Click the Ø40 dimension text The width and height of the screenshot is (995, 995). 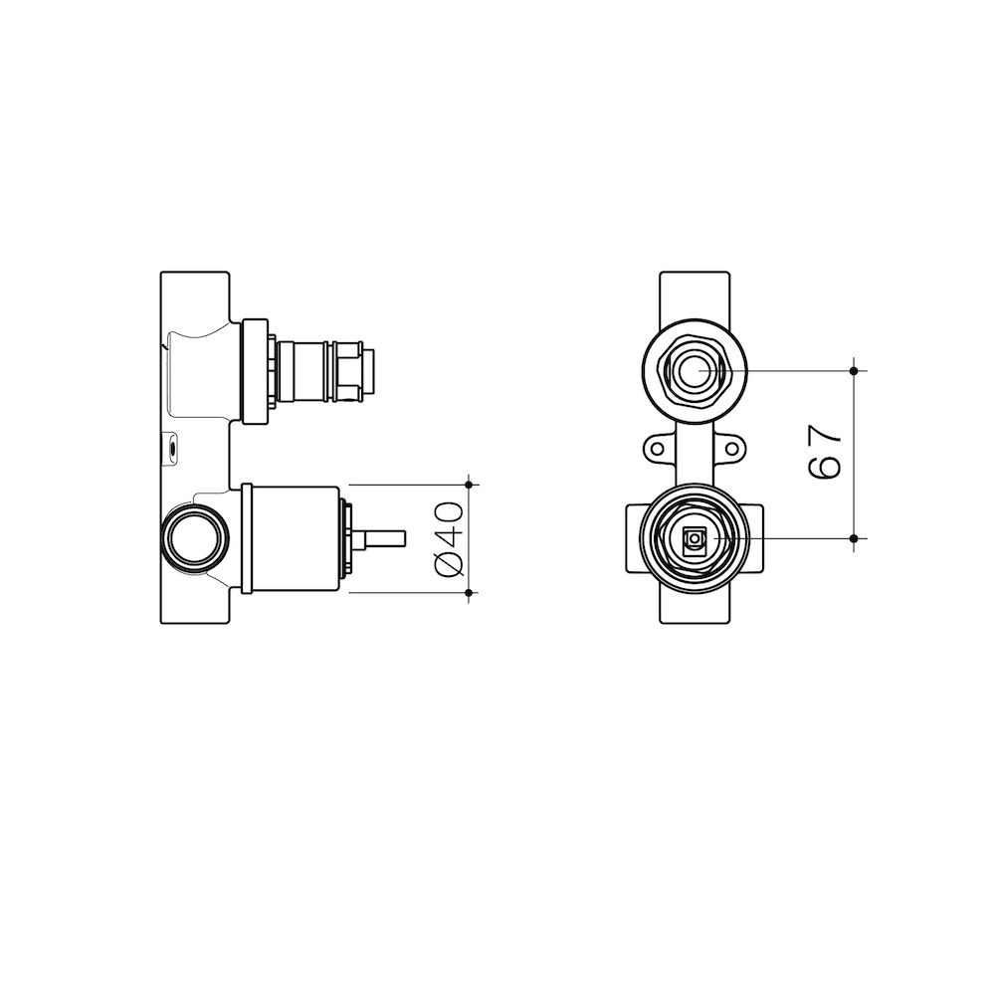point(450,538)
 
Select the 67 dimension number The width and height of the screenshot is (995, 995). point(826,453)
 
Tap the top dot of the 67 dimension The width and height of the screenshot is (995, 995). point(854,370)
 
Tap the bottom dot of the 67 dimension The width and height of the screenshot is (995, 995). point(854,538)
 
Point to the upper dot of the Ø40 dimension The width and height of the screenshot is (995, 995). point(470,485)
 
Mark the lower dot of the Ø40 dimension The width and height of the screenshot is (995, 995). point(470,593)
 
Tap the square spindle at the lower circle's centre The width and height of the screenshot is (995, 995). point(694,538)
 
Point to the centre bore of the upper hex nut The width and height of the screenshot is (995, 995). point(694,370)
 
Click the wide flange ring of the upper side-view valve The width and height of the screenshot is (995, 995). point(257,370)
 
